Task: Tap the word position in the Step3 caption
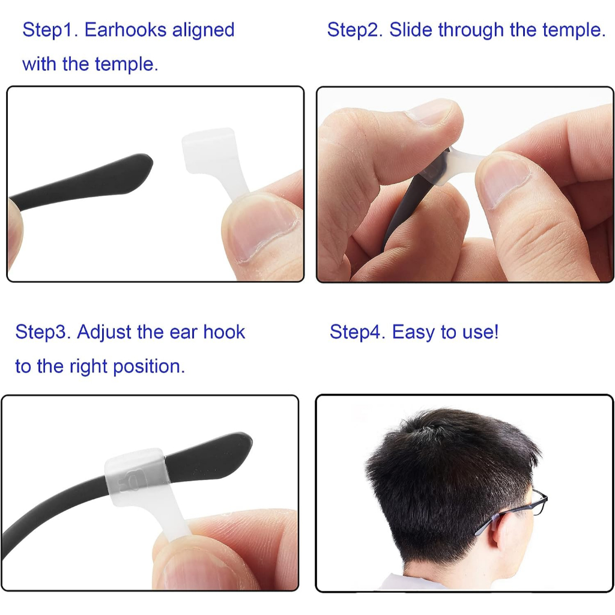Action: (149, 367)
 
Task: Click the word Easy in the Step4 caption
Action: (413, 333)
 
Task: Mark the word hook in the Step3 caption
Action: (224, 332)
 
